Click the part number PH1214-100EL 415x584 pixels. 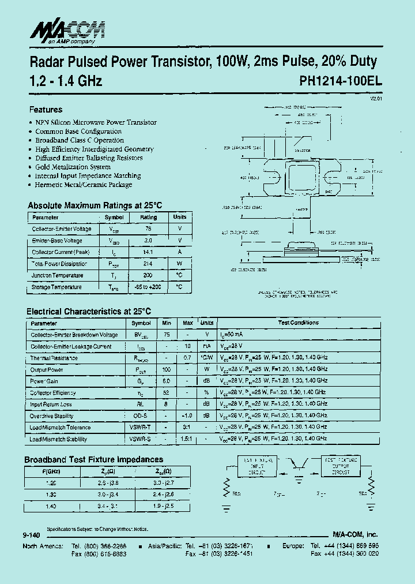(340, 81)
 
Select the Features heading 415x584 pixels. (46, 110)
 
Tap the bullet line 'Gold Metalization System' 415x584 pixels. (73, 167)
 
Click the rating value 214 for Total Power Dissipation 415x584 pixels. (148, 264)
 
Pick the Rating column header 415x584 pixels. (148, 218)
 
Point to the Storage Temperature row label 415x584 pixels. (56, 287)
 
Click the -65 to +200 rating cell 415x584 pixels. (148, 287)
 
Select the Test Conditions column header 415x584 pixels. (298, 323)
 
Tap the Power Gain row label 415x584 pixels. (44, 381)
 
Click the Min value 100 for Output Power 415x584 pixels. (167, 369)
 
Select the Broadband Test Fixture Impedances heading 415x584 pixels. (93, 459)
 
